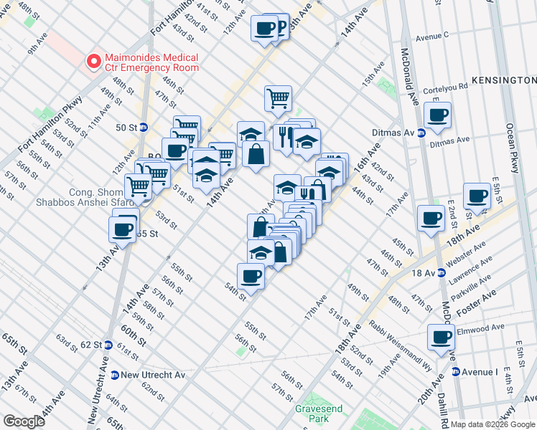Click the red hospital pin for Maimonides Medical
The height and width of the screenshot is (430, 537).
pyautogui.click(x=93, y=62)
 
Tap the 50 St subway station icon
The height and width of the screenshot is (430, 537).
pyautogui.click(x=143, y=128)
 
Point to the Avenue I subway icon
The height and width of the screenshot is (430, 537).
pyautogui.click(x=456, y=372)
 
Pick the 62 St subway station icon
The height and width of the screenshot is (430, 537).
pyautogui.click(x=108, y=344)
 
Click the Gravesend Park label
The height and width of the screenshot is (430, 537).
pyautogui.click(x=319, y=413)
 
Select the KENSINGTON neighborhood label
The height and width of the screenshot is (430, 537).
pyautogui.click(x=504, y=80)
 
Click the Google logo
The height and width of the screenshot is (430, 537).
pyautogui.click(x=24, y=421)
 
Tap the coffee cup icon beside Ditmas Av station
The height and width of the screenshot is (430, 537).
pyautogui.click(x=436, y=115)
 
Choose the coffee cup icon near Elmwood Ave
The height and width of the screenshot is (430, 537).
pyautogui.click(x=441, y=338)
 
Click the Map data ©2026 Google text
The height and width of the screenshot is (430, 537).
pyautogui.click(x=492, y=424)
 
